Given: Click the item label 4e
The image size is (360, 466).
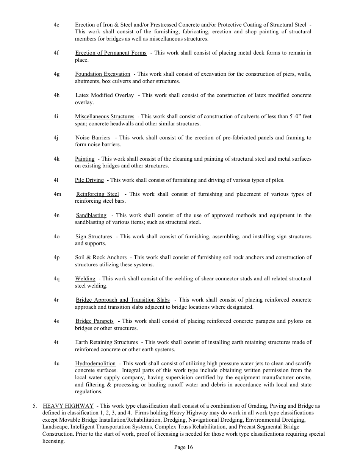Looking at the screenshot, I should click(56, 25).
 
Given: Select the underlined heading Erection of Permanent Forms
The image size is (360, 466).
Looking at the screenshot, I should click(111, 53).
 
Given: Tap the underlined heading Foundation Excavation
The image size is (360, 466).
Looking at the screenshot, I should click(102, 74).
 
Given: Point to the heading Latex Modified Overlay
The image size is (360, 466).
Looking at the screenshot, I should click(105, 95).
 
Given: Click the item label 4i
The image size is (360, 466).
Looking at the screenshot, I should click(56, 117).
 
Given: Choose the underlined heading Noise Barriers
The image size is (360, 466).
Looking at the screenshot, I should click(93, 138).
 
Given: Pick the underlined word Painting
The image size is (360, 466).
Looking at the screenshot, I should click(85, 159).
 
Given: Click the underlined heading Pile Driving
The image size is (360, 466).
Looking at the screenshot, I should click(89, 180).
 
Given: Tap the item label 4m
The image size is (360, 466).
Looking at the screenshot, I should click(57, 194).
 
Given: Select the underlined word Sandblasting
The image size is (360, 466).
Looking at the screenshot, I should click(91, 216).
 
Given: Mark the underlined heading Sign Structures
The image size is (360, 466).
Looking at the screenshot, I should click(94, 237).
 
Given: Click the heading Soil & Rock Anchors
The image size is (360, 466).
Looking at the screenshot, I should click(101, 258).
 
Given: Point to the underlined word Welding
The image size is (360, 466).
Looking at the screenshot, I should click(85, 279).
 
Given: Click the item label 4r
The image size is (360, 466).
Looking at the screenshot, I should click(56, 300).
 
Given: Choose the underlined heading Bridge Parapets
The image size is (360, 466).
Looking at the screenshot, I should click(94, 321).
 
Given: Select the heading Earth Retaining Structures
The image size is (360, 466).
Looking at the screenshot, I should click(106, 342).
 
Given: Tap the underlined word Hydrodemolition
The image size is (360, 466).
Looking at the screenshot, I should click(95, 364).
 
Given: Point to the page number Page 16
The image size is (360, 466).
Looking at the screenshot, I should click(183, 447).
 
